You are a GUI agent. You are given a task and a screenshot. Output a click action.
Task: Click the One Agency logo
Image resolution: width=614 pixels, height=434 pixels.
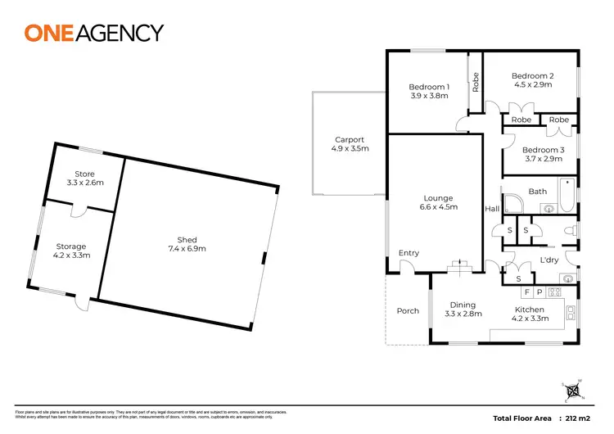coord(94,33)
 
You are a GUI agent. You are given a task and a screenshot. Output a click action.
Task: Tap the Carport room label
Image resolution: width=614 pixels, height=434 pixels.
coord(350,140)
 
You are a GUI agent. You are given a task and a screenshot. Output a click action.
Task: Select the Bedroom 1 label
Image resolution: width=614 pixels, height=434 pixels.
coord(429,88)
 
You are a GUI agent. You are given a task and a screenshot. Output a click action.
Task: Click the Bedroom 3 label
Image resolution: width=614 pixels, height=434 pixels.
coord(543,150)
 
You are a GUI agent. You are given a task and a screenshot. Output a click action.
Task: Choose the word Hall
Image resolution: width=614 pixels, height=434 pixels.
coord(492,210)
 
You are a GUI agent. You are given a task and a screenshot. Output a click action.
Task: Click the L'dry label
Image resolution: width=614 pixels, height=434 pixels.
coord(549,260)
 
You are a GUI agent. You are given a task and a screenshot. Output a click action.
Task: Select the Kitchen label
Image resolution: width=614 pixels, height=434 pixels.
coord(529,310)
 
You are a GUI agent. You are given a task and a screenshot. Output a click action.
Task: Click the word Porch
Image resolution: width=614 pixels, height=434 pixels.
coord(408,311)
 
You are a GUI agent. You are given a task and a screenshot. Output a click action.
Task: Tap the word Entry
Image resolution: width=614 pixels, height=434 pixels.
coord(409,253)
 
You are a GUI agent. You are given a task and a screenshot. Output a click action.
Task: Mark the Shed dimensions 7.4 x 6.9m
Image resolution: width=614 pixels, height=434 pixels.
coord(187,249)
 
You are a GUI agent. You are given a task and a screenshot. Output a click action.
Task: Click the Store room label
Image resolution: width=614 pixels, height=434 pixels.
coord(84,174)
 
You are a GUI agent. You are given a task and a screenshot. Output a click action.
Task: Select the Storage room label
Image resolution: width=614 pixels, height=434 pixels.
coord(71,246)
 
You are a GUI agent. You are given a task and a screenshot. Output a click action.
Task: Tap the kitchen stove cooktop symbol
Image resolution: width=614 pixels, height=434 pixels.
coord(553,292)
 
